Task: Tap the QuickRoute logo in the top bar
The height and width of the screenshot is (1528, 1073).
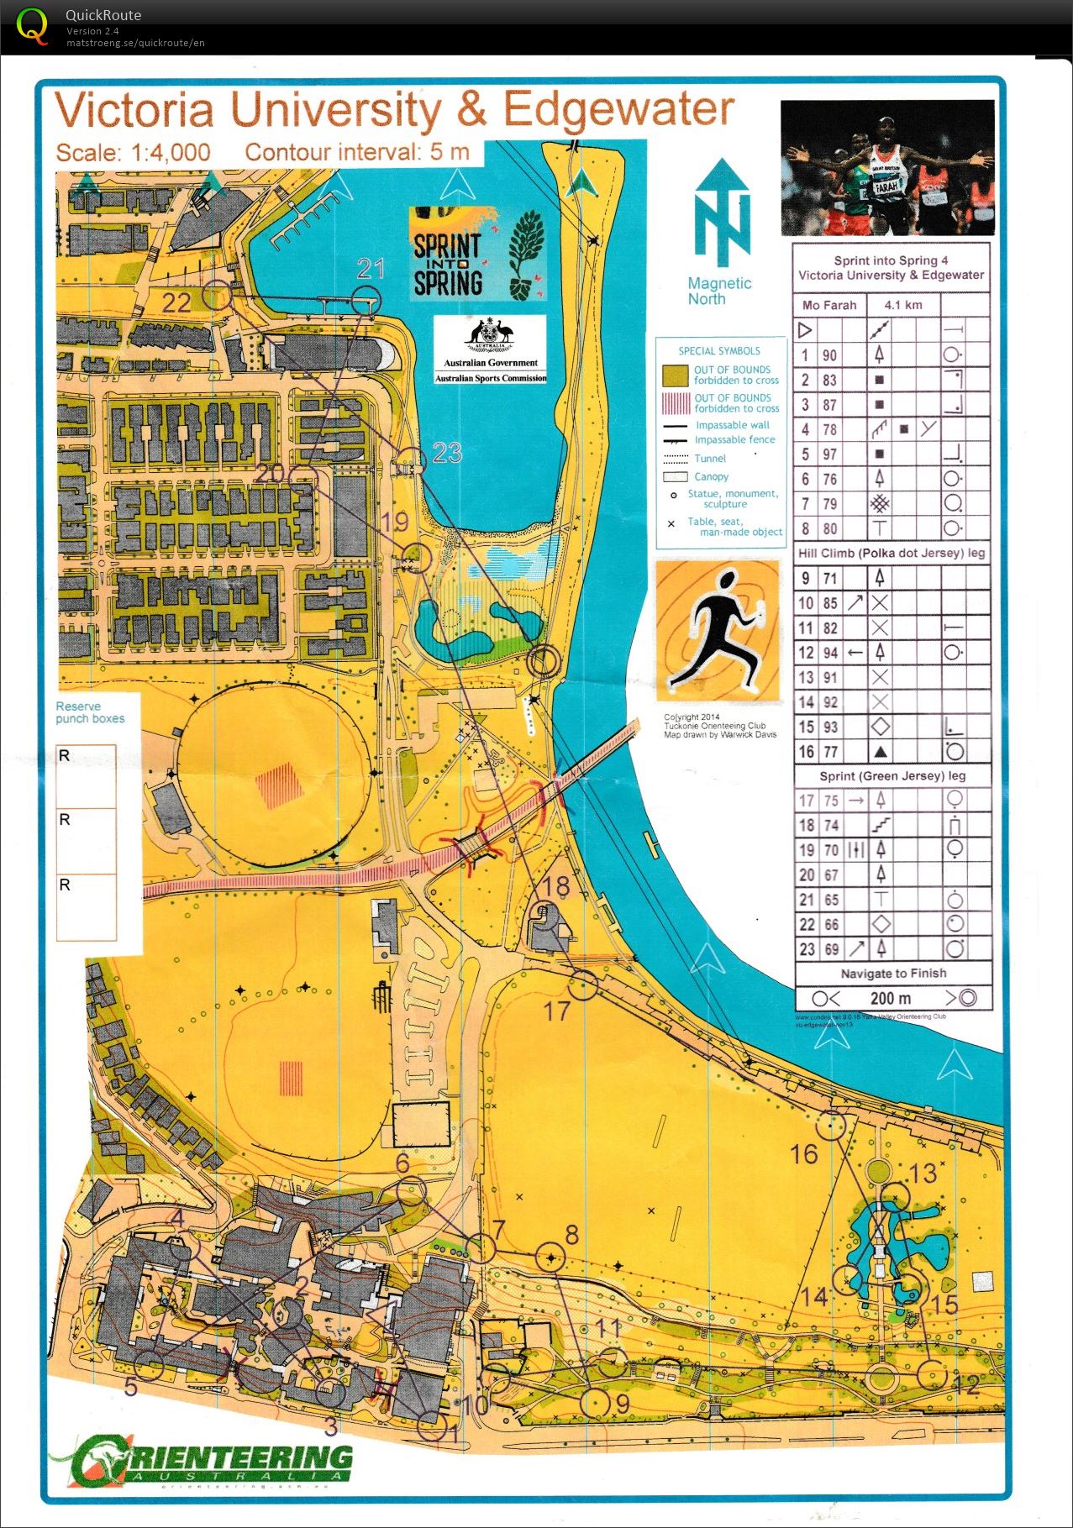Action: point(32,27)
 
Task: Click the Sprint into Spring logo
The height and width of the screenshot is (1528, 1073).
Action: point(476,255)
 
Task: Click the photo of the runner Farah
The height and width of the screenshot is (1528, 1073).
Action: point(886,168)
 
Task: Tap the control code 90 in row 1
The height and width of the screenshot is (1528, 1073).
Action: point(829,355)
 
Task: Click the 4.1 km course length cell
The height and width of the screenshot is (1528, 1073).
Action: point(902,305)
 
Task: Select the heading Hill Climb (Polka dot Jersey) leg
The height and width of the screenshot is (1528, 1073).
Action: point(891,553)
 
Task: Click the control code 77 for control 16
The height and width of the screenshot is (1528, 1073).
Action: point(830,752)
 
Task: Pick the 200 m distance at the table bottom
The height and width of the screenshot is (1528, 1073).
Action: point(890,999)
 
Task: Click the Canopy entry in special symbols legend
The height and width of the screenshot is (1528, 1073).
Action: point(711,476)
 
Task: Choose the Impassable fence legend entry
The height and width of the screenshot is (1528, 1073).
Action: point(734,440)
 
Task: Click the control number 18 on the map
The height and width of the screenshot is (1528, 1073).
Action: point(556,886)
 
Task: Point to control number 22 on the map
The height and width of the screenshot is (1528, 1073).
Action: point(176,302)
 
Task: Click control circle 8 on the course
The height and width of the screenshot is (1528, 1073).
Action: point(551,1257)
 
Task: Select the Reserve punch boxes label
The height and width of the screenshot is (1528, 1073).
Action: point(89,712)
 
